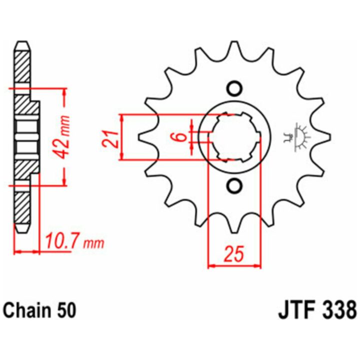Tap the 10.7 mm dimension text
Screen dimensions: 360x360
(75, 242)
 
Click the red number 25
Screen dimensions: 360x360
(233, 254)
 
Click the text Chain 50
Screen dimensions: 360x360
(40, 310)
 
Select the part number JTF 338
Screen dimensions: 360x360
(317, 310)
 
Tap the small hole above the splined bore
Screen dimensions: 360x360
(234, 88)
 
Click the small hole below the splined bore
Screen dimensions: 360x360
(234, 185)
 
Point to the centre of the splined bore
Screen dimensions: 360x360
(234, 137)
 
